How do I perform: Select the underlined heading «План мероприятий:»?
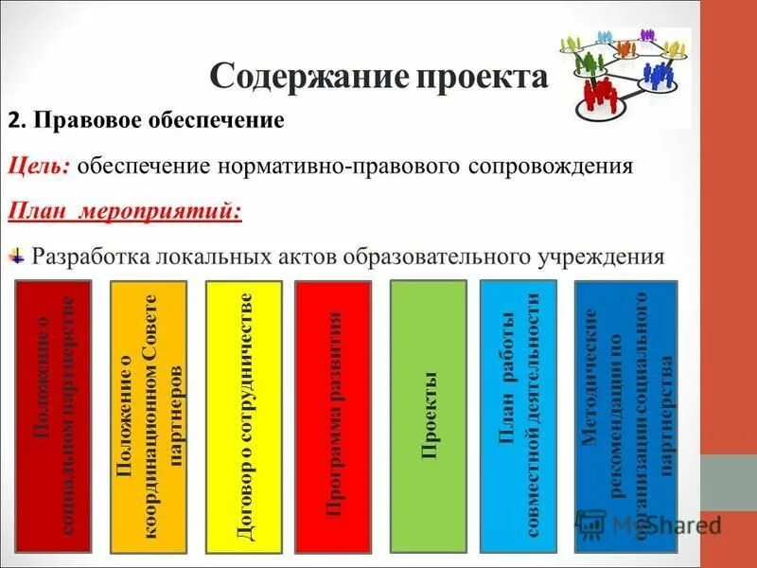pos(125,210)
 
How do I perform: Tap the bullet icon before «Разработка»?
pos(18,254)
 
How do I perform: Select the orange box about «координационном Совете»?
pos(150,417)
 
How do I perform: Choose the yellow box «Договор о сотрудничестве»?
pos(243,417)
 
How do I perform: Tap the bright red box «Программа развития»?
pos(332,417)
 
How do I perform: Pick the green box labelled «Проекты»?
pos(429,417)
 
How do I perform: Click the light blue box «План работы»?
pos(519,417)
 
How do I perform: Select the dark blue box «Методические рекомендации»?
pos(625,417)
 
